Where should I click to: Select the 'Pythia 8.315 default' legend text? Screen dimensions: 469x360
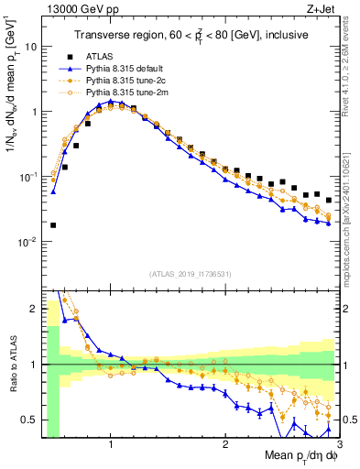pos(125,68)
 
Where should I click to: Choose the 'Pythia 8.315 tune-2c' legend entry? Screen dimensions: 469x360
pos(125,80)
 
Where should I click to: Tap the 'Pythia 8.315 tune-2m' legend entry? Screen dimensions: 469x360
pos(126,92)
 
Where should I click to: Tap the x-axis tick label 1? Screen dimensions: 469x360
pos(111,442)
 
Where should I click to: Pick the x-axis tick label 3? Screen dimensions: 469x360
pos(338,442)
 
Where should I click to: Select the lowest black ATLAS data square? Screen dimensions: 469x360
pos(53,224)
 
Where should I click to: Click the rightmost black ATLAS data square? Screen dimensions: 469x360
pos(329,200)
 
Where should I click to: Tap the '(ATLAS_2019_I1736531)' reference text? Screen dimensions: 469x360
pos(189,274)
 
